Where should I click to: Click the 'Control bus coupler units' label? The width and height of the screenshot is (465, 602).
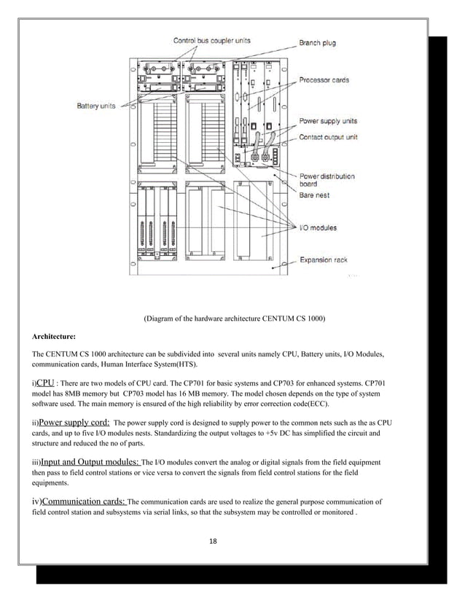(x=211, y=41)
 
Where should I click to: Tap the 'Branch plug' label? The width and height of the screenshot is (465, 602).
(x=317, y=44)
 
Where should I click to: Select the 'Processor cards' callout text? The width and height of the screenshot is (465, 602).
(x=324, y=80)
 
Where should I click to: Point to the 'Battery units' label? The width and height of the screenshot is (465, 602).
(x=96, y=106)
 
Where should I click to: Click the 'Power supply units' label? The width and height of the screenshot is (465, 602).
(x=328, y=121)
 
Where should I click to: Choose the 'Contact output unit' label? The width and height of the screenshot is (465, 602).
(x=328, y=137)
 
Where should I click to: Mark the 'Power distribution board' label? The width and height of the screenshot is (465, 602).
(x=327, y=180)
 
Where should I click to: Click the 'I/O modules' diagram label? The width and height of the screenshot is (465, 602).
(x=319, y=228)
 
